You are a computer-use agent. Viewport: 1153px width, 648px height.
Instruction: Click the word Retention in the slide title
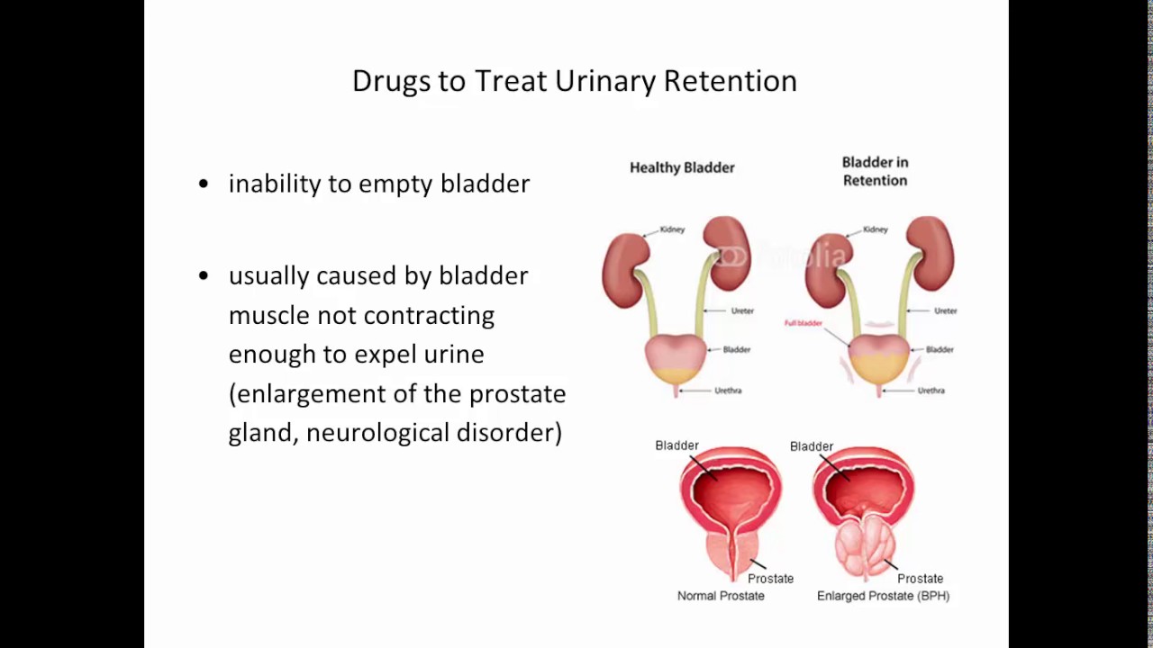pyautogui.click(x=730, y=81)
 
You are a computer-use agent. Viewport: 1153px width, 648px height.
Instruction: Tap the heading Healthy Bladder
pyautogui.click(x=682, y=167)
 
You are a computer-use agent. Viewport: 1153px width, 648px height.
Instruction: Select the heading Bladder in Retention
pyautogui.click(x=875, y=171)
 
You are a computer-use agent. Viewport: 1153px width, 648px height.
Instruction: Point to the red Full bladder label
pyautogui.click(x=803, y=323)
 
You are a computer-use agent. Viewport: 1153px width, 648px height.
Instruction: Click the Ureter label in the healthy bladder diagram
pyautogui.click(x=742, y=311)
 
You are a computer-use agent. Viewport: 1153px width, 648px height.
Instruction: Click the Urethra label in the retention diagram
pyautogui.click(x=931, y=391)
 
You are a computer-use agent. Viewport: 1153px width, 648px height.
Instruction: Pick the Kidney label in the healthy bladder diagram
pyautogui.click(x=672, y=229)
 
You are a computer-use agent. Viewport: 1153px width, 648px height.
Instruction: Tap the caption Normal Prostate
pyautogui.click(x=721, y=596)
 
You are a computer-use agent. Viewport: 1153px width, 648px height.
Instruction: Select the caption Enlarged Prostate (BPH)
pyautogui.click(x=883, y=596)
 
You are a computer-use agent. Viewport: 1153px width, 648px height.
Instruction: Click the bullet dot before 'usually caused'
pyautogui.click(x=204, y=275)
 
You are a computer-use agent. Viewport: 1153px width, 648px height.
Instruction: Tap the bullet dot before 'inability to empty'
pyautogui.click(x=204, y=184)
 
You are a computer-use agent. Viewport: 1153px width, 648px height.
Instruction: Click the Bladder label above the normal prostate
pyautogui.click(x=676, y=445)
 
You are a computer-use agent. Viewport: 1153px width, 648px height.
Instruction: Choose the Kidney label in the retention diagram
pyautogui.click(x=875, y=229)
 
